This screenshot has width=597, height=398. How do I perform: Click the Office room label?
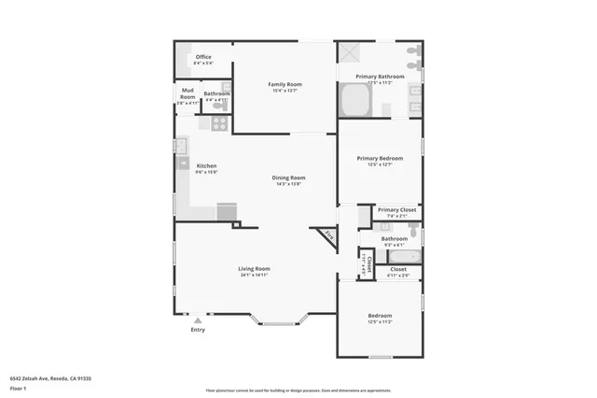click(x=202, y=57)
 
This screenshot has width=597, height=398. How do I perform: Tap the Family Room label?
click(x=285, y=84)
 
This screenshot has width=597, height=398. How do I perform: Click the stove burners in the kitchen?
click(x=219, y=122)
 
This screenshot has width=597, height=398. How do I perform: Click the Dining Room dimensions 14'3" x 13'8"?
click(x=288, y=184)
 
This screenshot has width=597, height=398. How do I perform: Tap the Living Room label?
click(x=254, y=268)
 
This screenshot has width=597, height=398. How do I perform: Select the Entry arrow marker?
click(x=197, y=320)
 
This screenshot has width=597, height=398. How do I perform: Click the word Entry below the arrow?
click(x=197, y=330)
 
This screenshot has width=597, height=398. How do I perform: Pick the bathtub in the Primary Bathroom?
click(x=354, y=99)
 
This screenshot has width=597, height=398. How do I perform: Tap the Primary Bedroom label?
click(x=380, y=158)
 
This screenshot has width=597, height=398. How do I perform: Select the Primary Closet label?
click(x=396, y=210)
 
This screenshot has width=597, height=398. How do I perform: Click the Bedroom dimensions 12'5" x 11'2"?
click(x=380, y=322)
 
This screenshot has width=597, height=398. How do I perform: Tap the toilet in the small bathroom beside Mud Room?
click(x=218, y=105)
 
